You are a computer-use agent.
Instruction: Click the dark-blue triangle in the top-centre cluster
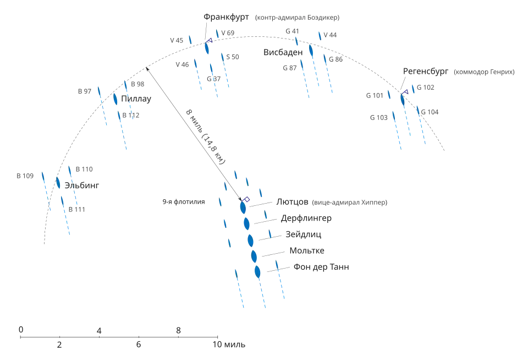pyautogui.click(x=208, y=40)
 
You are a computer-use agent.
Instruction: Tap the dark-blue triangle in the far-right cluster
pyautogui.click(x=406, y=91)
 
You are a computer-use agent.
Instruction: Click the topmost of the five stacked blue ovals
pyautogui.click(x=242, y=209)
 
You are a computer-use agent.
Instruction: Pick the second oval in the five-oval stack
pyautogui.click(x=246, y=223)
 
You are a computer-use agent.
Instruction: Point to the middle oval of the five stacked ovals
pyautogui.click(x=251, y=241)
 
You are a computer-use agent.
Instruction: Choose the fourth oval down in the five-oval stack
pyautogui.click(x=254, y=256)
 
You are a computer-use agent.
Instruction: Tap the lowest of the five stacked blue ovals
pyautogui.click(x=257, y=271)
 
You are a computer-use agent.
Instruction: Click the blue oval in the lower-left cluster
pyautogui.click(x=59, y=183)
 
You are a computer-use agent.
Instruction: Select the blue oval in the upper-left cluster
pyautogui.click(x=116, y=99)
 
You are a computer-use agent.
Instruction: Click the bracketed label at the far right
pyautogui.click(x=483, y=72)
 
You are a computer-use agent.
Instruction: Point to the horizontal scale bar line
pyautogui.click(x=118, y=335)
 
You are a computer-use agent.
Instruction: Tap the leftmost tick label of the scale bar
pyautogui.click(x=22, y=329)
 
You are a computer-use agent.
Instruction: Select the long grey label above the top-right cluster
pyautogui.click(x=299, y=18)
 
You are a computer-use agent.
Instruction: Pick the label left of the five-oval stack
pyautogui.click(x=184, y=203)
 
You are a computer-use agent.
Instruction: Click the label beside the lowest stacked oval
pyautogui.click(x=323, y=269)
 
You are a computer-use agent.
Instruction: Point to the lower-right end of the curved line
pyautogui.click(x=447, y=152)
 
